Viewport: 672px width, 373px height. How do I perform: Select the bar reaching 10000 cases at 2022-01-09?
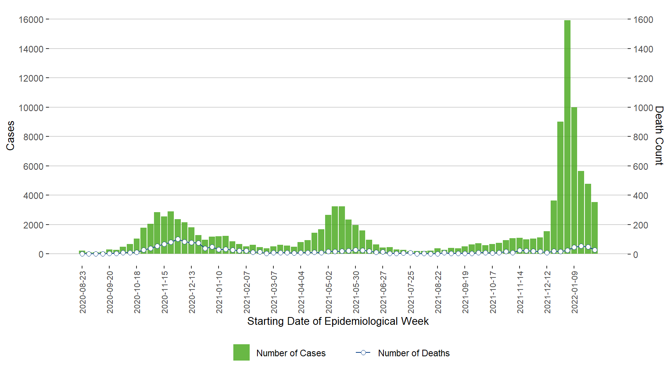(x=574, y=181)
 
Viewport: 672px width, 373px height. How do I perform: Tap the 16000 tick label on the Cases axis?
(x=31, y=19)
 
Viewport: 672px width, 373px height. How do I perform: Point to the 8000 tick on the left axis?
(x=33, y=137)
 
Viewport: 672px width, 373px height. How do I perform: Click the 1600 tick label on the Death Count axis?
(x=643, y=20)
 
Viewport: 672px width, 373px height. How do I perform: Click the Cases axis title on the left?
(x=10, y=136)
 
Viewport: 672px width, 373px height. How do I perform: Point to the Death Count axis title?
(x=659, y=136)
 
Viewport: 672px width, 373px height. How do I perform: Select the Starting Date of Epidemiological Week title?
(x=338, y=321)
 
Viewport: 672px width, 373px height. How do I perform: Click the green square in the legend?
(x=241, y=352)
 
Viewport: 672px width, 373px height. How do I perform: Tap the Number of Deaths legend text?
(x=414, y=353)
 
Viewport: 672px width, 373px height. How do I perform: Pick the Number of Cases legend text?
(x=291, y=353)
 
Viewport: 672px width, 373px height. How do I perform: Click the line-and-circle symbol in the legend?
(x=363, y=352)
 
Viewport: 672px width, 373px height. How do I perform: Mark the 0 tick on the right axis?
(x=635, y=254)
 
